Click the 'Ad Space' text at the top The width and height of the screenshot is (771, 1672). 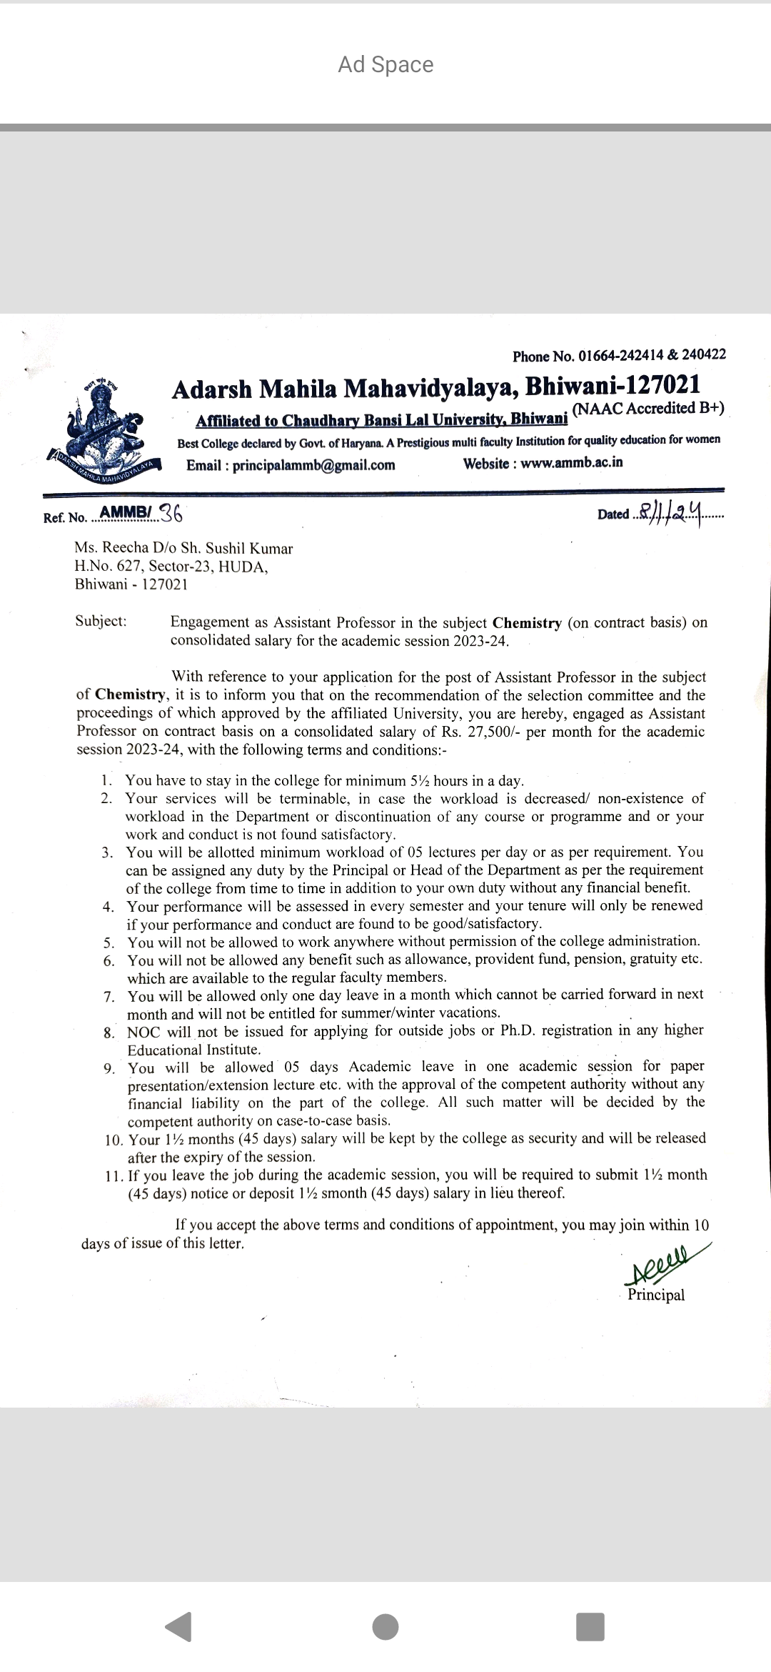[x=385, y=64]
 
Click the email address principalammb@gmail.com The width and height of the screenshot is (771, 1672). [x=313, y=465]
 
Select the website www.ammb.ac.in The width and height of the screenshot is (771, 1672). [x=571, y=462]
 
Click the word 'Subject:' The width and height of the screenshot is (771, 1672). [x=101, y=620]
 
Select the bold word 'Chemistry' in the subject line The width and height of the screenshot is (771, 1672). [x=527, y=622]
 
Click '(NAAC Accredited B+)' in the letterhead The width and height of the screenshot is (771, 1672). [x=648, y=409]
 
